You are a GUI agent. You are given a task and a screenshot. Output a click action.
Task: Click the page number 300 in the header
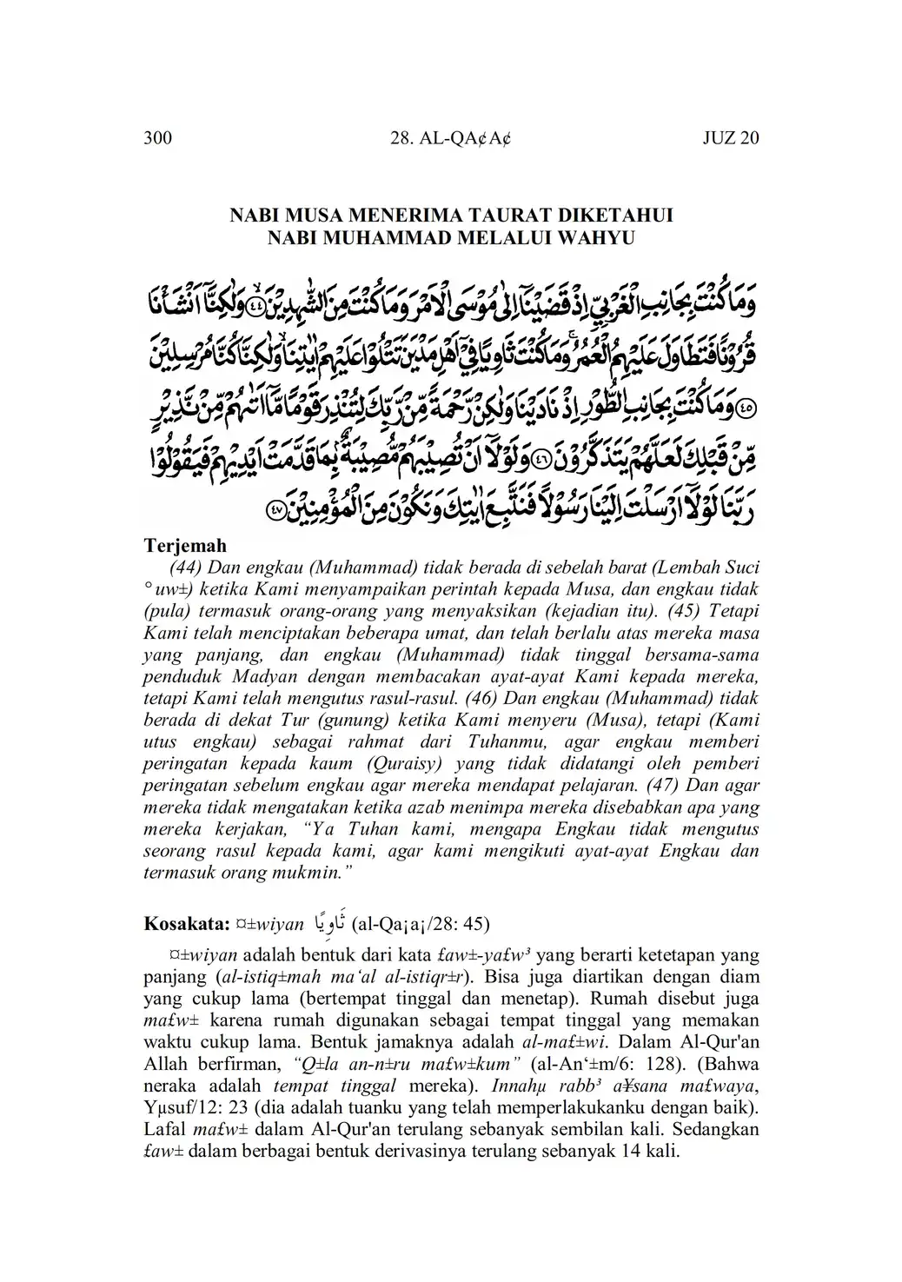click(158, 138)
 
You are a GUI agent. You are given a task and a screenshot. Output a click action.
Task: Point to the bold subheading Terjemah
click(184, 546)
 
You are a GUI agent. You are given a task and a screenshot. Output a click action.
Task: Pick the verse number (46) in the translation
click(481, 698)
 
